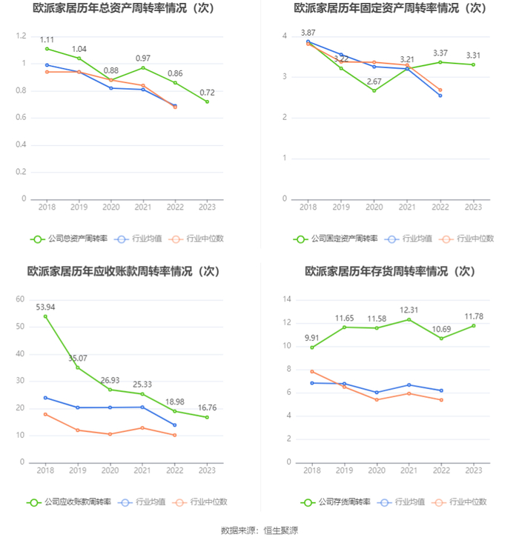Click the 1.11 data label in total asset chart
click(46, 39)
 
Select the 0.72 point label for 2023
click(207, 93)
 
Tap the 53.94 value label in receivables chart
click(46, 307)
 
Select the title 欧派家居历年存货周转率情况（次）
click(390, 271)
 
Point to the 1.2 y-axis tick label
click(21, 36)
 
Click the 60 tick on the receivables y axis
click(21, 299)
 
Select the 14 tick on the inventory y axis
click(286, 299)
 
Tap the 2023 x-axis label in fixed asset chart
click(473, 208)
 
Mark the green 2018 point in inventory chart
click(311, 347)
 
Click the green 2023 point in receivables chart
click(207, 417)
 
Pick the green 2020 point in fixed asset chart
click(374, 90)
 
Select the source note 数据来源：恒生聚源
click(259, 530)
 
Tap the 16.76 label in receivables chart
click(207, 407)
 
